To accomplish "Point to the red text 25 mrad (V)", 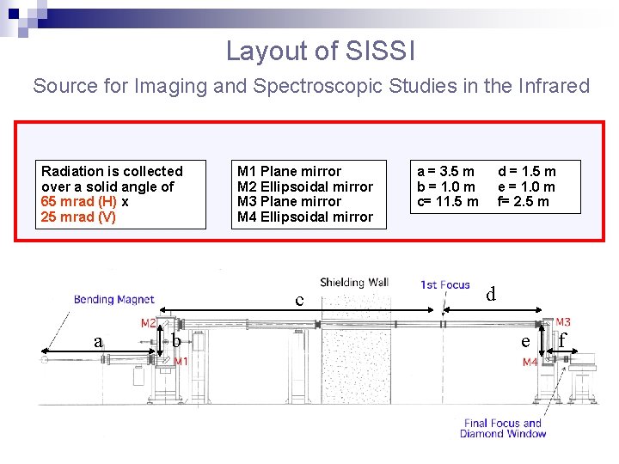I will (78, 217).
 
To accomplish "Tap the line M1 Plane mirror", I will (289, 172).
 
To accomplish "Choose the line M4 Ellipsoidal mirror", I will (305, 217).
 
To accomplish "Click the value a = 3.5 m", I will (446, 172).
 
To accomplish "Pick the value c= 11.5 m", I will (448, 202).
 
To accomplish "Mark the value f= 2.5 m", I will (524, 202).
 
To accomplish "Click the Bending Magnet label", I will (113, 299).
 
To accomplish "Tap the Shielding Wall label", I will (354, 282).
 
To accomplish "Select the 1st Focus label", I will (444, 284).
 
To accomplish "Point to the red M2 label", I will (148, 324).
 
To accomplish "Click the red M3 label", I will (563, 322).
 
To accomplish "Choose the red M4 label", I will (530, 363).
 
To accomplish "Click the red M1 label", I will (181, 362).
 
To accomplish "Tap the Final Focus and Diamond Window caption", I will (503, 428).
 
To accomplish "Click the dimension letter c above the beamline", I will (299, 301).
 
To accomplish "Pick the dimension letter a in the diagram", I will (99, 342).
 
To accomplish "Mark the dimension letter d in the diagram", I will (491, 295).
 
